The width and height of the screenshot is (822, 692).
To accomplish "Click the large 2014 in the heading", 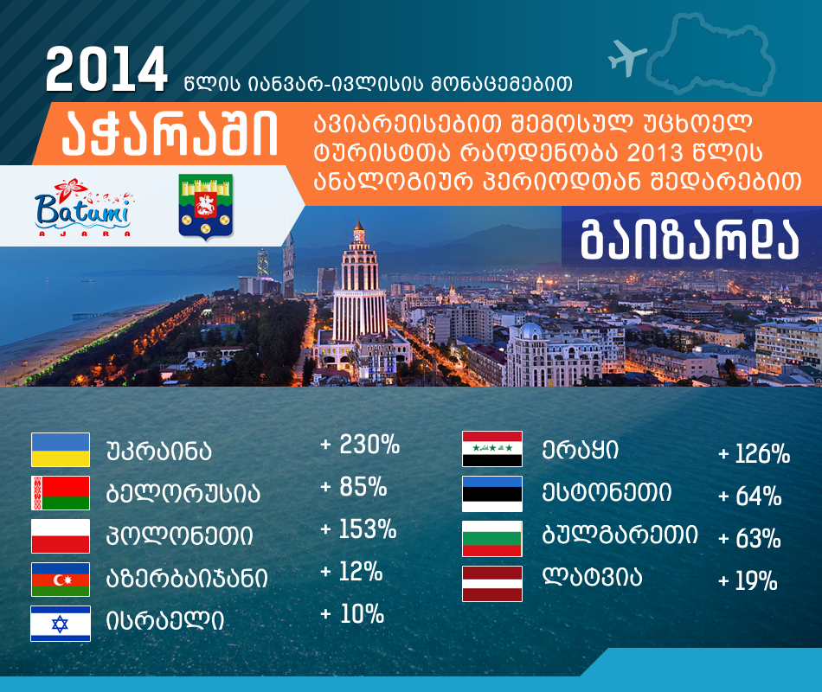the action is click(106, 69).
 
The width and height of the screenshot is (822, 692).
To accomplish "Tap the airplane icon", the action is click(626, 57).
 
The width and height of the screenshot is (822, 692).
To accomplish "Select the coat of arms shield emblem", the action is click(206, 207).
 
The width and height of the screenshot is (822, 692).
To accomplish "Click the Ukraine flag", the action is click(61, 449).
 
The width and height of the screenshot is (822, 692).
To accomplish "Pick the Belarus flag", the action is click(61, 493).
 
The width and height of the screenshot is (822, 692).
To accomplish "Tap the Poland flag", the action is click(61, 535).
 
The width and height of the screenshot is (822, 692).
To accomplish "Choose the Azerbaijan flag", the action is click(61, 580).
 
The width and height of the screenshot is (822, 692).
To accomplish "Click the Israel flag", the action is click(61, 624).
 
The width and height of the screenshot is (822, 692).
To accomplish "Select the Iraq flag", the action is click(492, 449).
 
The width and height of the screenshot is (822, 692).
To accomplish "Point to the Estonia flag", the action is click(492, 494).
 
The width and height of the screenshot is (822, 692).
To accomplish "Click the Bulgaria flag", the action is click(492, 538).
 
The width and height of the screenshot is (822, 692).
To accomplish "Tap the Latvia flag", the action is click(492, 584).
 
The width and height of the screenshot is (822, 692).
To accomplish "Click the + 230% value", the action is click(360, 445).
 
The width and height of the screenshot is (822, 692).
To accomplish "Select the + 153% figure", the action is click(358, 529).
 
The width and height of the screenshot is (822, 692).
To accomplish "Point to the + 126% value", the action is click(754, 453).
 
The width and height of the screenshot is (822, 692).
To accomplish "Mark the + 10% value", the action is click(352, 614).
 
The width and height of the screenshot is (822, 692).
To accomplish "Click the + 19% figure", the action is click(748, 581).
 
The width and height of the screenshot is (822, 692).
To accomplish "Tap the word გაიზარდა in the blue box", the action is click(690, 240).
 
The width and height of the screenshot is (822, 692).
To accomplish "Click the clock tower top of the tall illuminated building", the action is click(359, 232).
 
